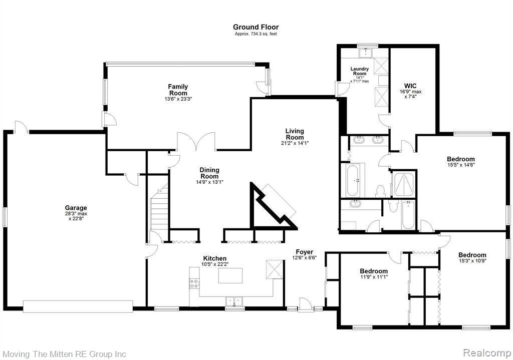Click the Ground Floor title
(x=255, y=27)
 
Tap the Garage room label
(x=76, y=208)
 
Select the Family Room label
(x=178, y=90)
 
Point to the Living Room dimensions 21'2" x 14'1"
(x=295, y=143)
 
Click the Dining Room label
(x=209, y=173)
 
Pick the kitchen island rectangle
(x=230, y=276)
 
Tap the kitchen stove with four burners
(x=194, y=283)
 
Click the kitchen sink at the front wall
(x=234, y=301)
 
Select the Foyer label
(x=304, y=252)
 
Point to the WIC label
(x=410, y=86)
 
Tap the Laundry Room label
(x=360, y=71)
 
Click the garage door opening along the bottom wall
(x=78, y=306)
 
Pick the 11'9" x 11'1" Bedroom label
(x=374, y=271)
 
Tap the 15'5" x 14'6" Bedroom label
(x=461, y=159)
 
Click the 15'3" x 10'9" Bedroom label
(x=472, y=255)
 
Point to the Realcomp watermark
(x=486, y=353)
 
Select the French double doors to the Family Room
(x=196, y=141)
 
